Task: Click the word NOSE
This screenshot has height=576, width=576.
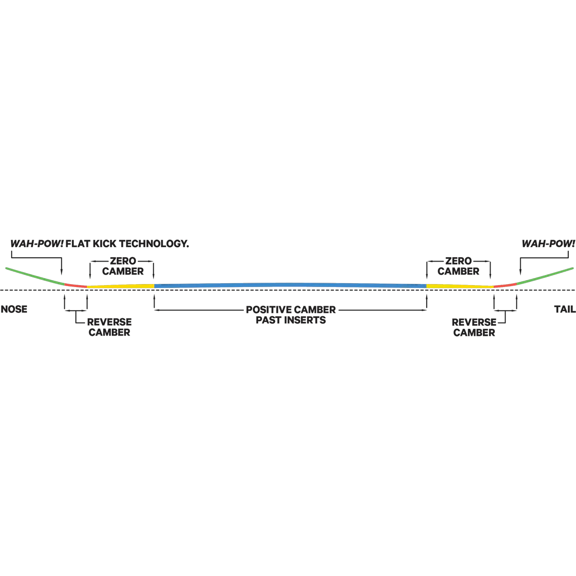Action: click(14, 309)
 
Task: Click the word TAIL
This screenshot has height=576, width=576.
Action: click(564, 309)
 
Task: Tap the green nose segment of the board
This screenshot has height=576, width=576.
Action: click(35, 276)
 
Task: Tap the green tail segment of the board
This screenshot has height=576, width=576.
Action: click(545, 276)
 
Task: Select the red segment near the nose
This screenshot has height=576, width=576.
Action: click(76, 286)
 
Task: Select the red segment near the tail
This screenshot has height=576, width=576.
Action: click(505, 286)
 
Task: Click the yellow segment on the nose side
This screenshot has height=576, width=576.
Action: click(120, 286)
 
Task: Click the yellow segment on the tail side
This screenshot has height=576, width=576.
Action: click(460, 286)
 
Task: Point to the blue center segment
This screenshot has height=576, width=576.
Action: click(290, 286)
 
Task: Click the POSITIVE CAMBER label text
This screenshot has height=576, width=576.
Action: click(290, 310)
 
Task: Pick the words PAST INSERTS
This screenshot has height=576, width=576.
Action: click(290, 320)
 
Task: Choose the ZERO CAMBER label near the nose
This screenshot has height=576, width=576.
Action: click(123, 266)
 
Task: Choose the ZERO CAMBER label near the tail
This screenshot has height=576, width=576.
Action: click(458, 266)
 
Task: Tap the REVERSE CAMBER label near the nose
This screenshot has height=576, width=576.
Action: click(109, 327)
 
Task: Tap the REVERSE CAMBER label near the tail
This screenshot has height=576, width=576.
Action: click(474, 327)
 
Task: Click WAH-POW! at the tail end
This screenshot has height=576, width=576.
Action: click(548, 244)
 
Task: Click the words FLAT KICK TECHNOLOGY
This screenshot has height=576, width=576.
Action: click(127, 244)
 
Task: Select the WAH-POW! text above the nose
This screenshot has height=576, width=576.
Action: click(37, 244)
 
